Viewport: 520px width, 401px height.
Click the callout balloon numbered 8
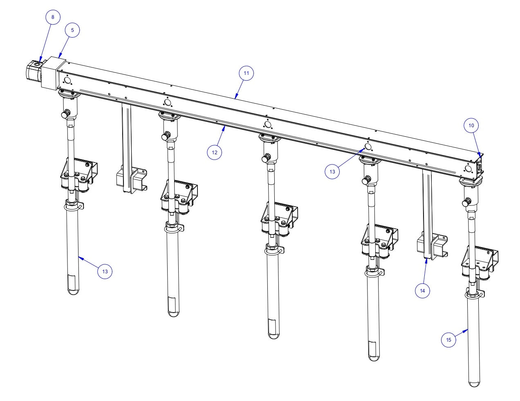pyautogui.click(x=52, y=17)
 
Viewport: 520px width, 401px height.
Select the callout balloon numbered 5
pyautogui.click(x=72, y=30)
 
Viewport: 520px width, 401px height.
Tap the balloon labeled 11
pyautogui.click(x=246, y=74)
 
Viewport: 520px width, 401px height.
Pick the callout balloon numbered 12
pyautogui.click(x=215, y=152)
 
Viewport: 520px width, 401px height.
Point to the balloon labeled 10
pyautogui.click(x=471, y=126)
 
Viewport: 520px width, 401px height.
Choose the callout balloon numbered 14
pyautogui.click(x=422, y=291)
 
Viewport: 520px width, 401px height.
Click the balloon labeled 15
pyautogui.click(x=448, y=340)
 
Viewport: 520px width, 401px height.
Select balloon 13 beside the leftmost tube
pyautogui.click(x=105, y=271)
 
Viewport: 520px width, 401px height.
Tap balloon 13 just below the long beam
pyautogui.click(x=332, y=172)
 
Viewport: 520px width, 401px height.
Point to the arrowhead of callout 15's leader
pyautogui.click(x=467, y=329)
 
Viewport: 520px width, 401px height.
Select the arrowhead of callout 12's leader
pyautogui.click(x=224, y=128)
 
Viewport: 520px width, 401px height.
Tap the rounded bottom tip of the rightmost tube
pyautogui.click(x=474, y=383)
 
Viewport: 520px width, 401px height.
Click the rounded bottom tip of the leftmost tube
pyautogui.click(x=73, y=292)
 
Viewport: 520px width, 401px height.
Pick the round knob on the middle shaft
pyautogui.click(x=267, y=157)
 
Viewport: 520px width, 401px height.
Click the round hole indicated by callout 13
pyautogui.click(x=367, y=146)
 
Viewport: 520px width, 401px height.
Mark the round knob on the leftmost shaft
pyautogui.click(x=65, y=115)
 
